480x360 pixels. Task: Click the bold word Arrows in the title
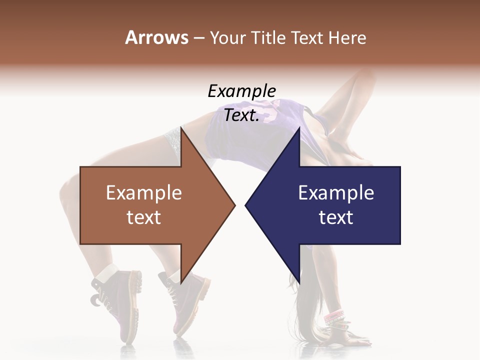coord(156,37)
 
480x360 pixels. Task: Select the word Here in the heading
coord(347,37)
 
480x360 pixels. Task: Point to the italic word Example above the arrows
coord(242,91)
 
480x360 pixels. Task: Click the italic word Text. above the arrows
coord(242,115)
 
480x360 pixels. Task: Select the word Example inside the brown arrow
coord(144,192)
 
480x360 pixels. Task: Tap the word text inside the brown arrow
coord(144,217)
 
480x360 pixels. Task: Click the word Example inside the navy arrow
coord(336,192)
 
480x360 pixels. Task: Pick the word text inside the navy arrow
coord(336,217)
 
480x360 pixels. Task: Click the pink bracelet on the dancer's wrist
coord(334,316)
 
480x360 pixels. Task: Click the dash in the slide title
coord(198,38)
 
